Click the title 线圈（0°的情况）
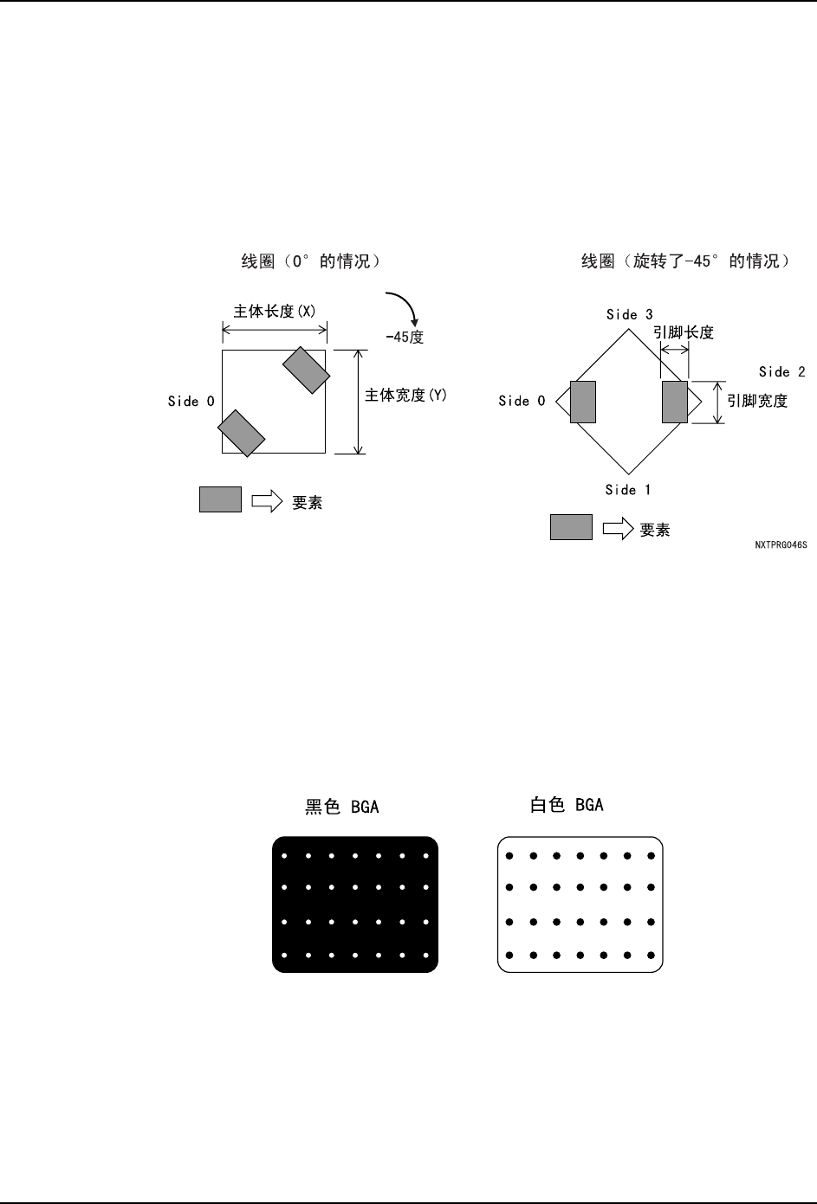click(x=310, y=261)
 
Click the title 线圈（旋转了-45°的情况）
click(x=684, y=261)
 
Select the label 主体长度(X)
click(x=275, y=312)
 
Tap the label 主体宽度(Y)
click(x=405, y=396)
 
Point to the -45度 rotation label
click(x=405, y=338)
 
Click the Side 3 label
click(x=629, y=315)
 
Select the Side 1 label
click(x=627, y=490)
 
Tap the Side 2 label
click(x=781, y=372)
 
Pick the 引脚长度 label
click(x=684, y=332)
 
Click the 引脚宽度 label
click(x=757, y=401)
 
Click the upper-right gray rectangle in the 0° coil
click(x=306, y=370)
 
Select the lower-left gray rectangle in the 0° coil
click(x=241, y=433)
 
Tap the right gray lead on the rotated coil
click(x=675, y=402)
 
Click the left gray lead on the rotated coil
click(x=583, y=402)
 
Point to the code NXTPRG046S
click(x=781, y=546)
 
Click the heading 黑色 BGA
click(x=341, y=807)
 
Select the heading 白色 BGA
click(x=567, y=805)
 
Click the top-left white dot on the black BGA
click(x=285, y=856)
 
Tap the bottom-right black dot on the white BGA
click(x=652, y=955)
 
